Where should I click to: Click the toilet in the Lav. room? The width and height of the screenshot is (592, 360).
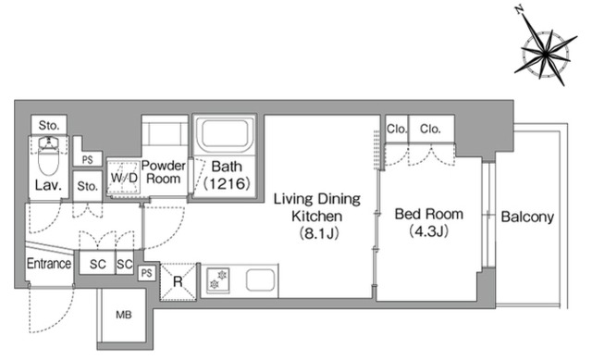click(48, 155)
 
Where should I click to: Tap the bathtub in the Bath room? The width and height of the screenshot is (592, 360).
click(226, 134)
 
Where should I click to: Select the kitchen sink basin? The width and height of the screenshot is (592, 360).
click(261, 279)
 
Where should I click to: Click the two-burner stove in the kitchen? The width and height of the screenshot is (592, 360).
click(218, 279)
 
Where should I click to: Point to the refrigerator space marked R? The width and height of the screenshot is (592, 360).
click(179, 281)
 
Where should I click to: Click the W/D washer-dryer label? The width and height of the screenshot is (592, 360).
click(123, 177)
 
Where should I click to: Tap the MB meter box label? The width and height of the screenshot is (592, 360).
click(124, 315)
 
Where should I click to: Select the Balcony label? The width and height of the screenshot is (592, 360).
click(527, 217)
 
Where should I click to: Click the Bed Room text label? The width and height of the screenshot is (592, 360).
click(429, 214)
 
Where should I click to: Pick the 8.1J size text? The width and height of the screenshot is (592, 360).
click(319, 233)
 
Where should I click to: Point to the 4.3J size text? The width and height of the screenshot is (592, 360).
click(429, 230)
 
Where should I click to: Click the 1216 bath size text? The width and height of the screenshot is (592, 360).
click(227, 183)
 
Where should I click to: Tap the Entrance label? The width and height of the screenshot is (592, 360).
click(49, 264)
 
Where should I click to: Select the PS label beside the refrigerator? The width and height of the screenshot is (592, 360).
click(147, 272)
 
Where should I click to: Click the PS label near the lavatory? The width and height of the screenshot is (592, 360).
click(88, 160)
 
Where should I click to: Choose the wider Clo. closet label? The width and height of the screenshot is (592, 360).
click(430, 130)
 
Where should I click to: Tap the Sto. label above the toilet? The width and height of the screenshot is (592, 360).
click(49, 126)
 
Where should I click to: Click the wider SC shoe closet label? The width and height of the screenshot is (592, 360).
click(97, 264)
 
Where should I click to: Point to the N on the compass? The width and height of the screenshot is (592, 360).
click(520, 10)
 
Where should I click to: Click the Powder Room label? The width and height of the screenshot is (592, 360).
click(164, 172)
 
